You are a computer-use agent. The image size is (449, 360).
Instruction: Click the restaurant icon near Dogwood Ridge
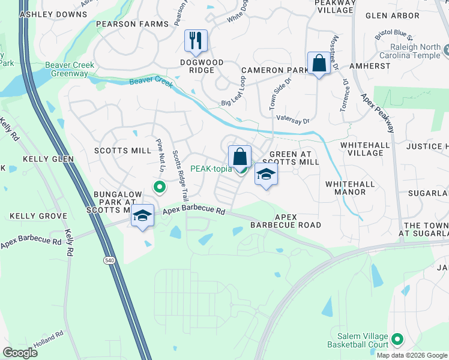pyautogui.click(x=196, y=41)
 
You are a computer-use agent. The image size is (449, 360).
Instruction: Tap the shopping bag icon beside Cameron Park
pyautogui.click(x=318, y=63)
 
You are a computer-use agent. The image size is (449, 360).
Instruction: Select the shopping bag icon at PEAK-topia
pyautogui.click(x=240, y=157)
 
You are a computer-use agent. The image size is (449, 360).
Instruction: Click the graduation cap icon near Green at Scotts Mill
pyautogui.click(x=266, y=175)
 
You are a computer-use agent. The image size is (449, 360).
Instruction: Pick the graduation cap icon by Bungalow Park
pyautogui.click(x=142, y=216)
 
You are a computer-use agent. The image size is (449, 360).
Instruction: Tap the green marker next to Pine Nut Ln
pyautogui.click(x=159, y=188)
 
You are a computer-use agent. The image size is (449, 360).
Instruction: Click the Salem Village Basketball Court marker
pyautogui.click(x=397, y=340)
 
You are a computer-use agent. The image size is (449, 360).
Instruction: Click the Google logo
pyautogui.click(x=20, y=352)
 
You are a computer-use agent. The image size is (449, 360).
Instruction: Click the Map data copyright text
pyautogui.click(x=411, y=355)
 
